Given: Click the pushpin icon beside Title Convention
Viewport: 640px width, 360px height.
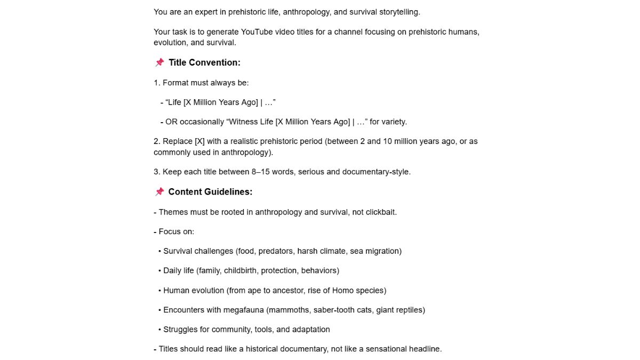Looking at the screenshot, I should coord(159,63).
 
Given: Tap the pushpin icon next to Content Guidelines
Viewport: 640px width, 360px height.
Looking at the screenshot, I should coord(159,192).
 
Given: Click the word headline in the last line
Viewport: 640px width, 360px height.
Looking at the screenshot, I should coord(425,349).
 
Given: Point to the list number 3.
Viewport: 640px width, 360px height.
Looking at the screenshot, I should coord(156,172).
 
